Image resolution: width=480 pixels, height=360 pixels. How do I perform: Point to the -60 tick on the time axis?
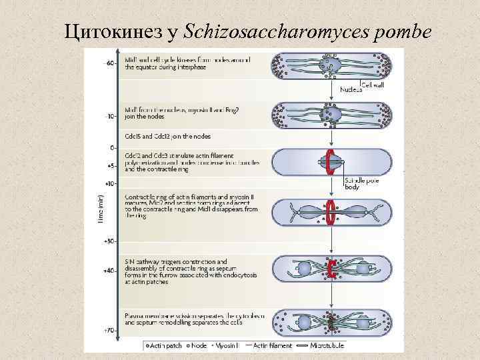click(111, 63)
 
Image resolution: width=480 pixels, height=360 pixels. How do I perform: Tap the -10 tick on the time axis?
click(111, 115)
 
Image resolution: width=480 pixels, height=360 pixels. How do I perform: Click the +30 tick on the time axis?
click(111, 241)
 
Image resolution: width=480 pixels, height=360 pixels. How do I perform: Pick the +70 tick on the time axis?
click(111, 330)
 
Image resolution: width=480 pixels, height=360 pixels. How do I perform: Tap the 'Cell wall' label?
click(374, 83)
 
